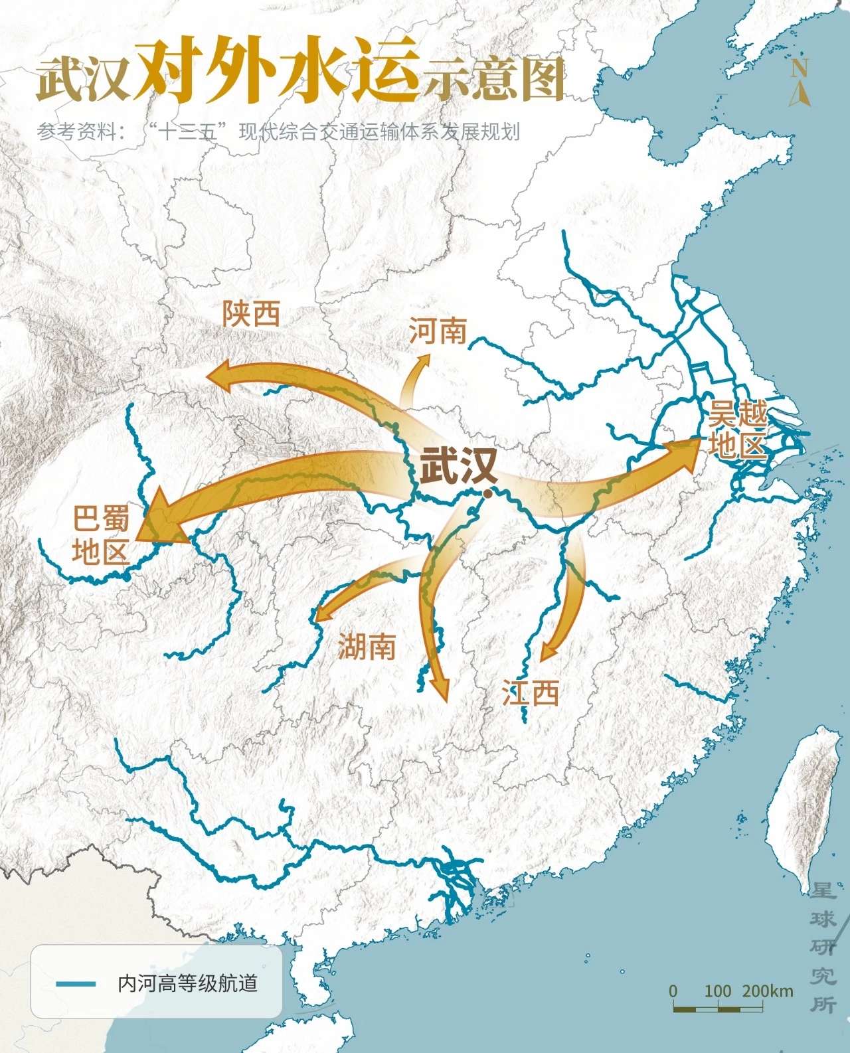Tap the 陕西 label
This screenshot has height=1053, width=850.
coord(251,313)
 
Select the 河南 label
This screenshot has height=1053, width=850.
coord(438,331)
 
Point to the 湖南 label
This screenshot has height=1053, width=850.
coord(367,646)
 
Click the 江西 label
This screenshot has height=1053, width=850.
coord(530,692)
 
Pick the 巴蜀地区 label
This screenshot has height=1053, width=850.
coord(101,534)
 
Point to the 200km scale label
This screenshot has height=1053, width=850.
coord(768,991)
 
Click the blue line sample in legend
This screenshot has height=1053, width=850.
coord(76,983)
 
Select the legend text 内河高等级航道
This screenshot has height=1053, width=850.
coord(187,983)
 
